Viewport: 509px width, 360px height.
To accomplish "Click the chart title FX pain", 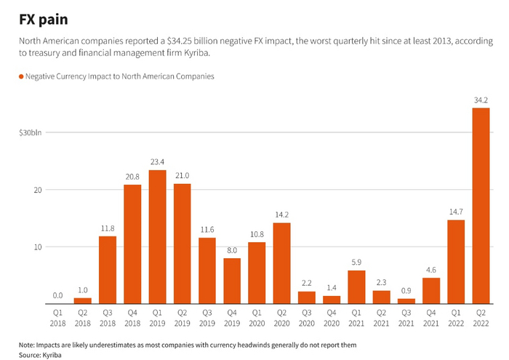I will pyautogui.click(x=44, y=20).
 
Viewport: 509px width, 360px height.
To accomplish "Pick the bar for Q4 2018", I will pyautogui.click(x=132, y=244).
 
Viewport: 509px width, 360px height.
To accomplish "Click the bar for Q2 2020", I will pyautogui.click(x=281, y=263).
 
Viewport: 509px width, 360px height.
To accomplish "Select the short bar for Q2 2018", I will pyautogui.click(x=83, y=300).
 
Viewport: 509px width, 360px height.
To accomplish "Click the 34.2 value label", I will pyautogui.click(x=481, y=99).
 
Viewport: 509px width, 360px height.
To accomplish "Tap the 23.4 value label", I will pyautogui.click(x=158, y=161).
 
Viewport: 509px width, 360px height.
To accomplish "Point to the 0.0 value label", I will pyautogui.click(x=57, y=295).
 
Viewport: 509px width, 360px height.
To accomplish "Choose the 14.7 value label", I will pyautogui.click(x=456, y=211).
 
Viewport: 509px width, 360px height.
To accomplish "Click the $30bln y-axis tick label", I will pyautogui.click(x=31, y=133).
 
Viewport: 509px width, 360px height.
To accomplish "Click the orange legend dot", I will pyautogui.click(x=21, y=76).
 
